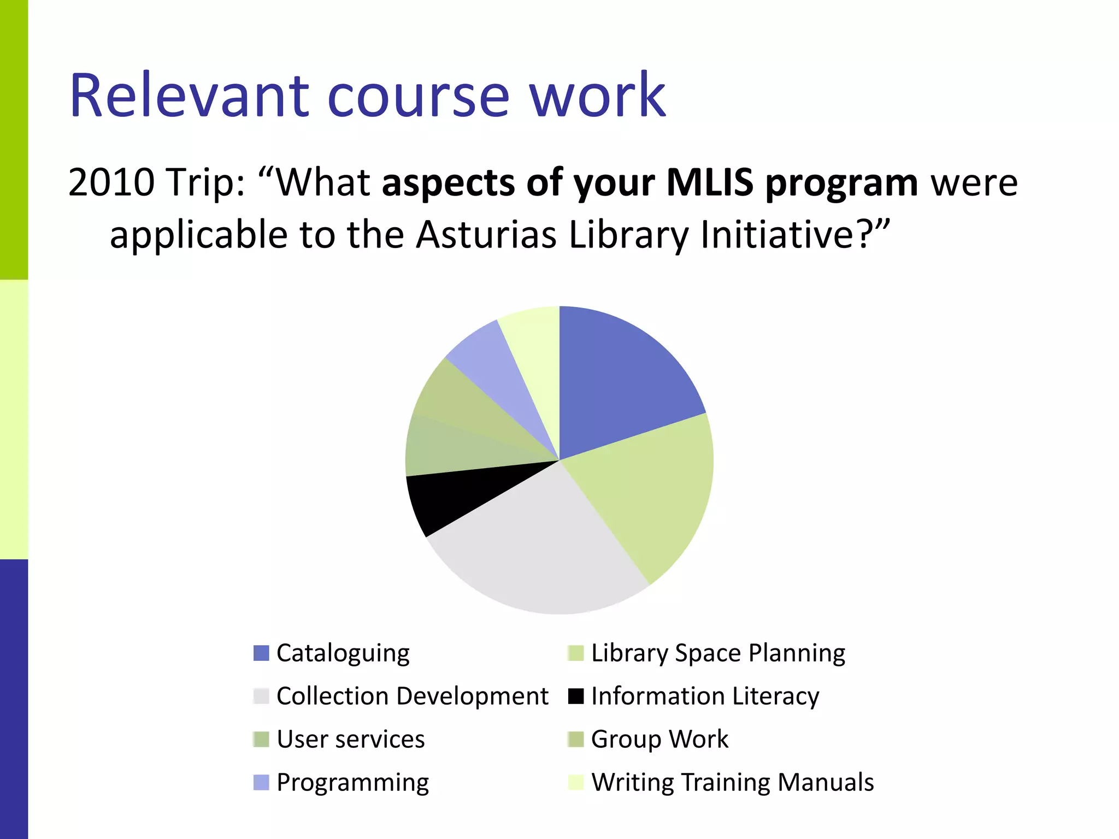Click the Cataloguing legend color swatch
point(261,653)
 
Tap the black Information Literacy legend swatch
point(576,696)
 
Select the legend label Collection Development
point(412,696)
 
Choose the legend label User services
point(350,740)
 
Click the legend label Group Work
point(659,740)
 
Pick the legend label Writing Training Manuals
point(732,782)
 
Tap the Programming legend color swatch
point(261,782)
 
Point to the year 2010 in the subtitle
point(111,182)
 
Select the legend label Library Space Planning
point(718,653)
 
